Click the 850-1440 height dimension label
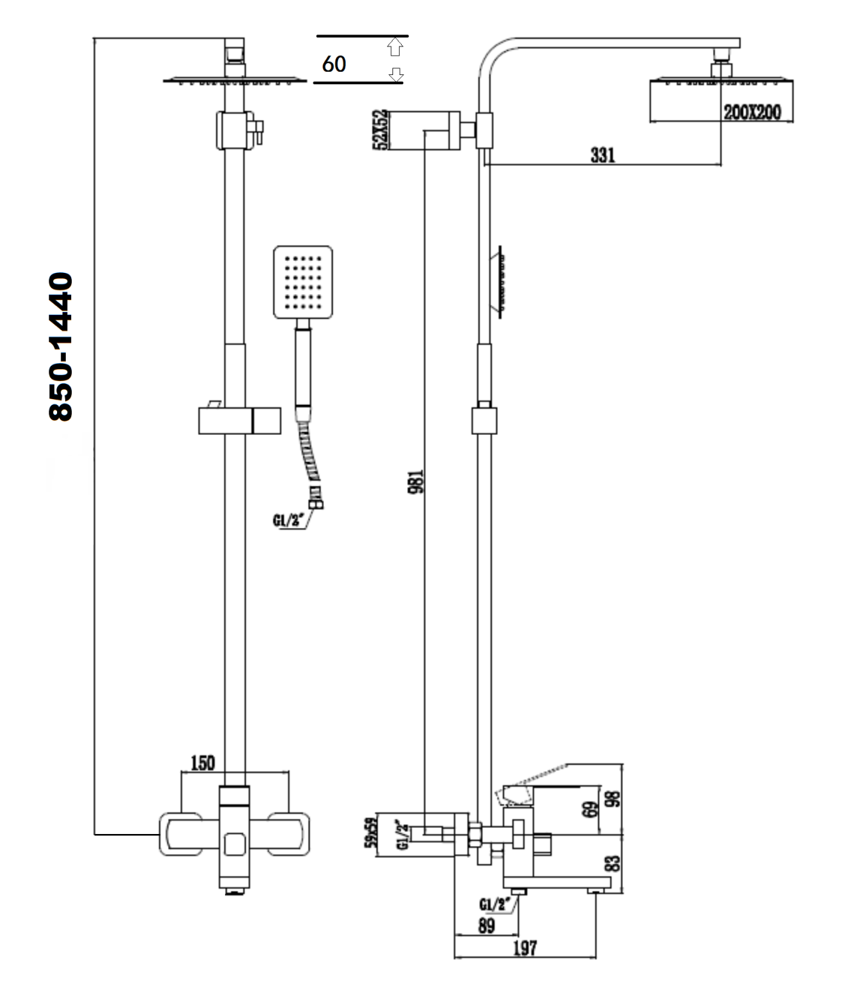[x=61, y=346]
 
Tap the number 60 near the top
[x=334, y=64]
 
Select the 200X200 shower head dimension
[x=752, y=112]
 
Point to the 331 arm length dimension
[x=602, y=155]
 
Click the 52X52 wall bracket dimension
[x=381, y=130]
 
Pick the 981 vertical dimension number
[x=416, y=481]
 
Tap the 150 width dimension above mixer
[x=203, y=763]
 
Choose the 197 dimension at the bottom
[x=525, y=948]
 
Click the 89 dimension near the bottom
[x=486, y=926]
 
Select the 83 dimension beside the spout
[x=614, y=863]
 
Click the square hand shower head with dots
[x=302, y=282]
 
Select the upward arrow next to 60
[x=395, y=46]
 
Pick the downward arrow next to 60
[x=396, y=74]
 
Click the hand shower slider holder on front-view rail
[x=239, y=421]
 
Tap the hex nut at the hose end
[x=316, y=504]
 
